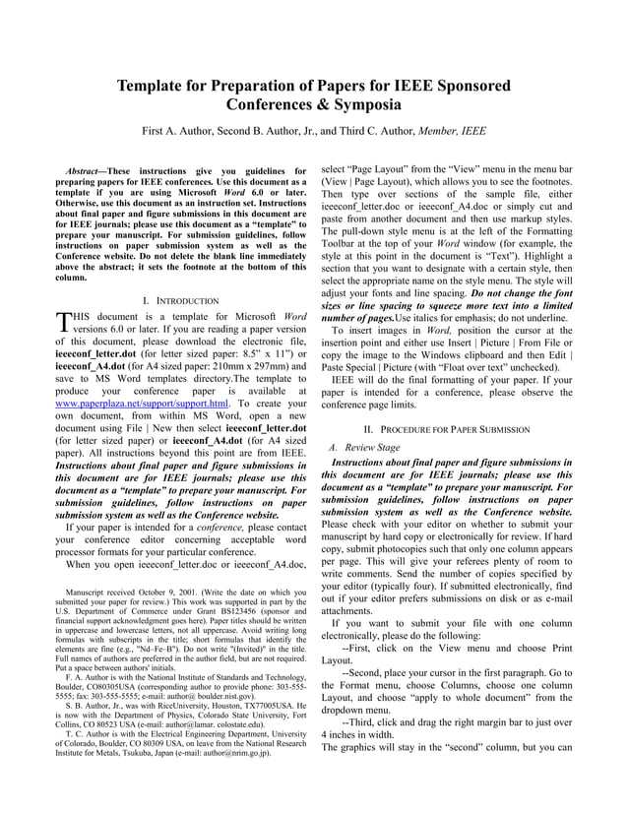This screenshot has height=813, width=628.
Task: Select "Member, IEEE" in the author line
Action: (x=452, y=130)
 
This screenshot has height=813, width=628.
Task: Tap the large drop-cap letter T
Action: (x=63, y=322)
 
